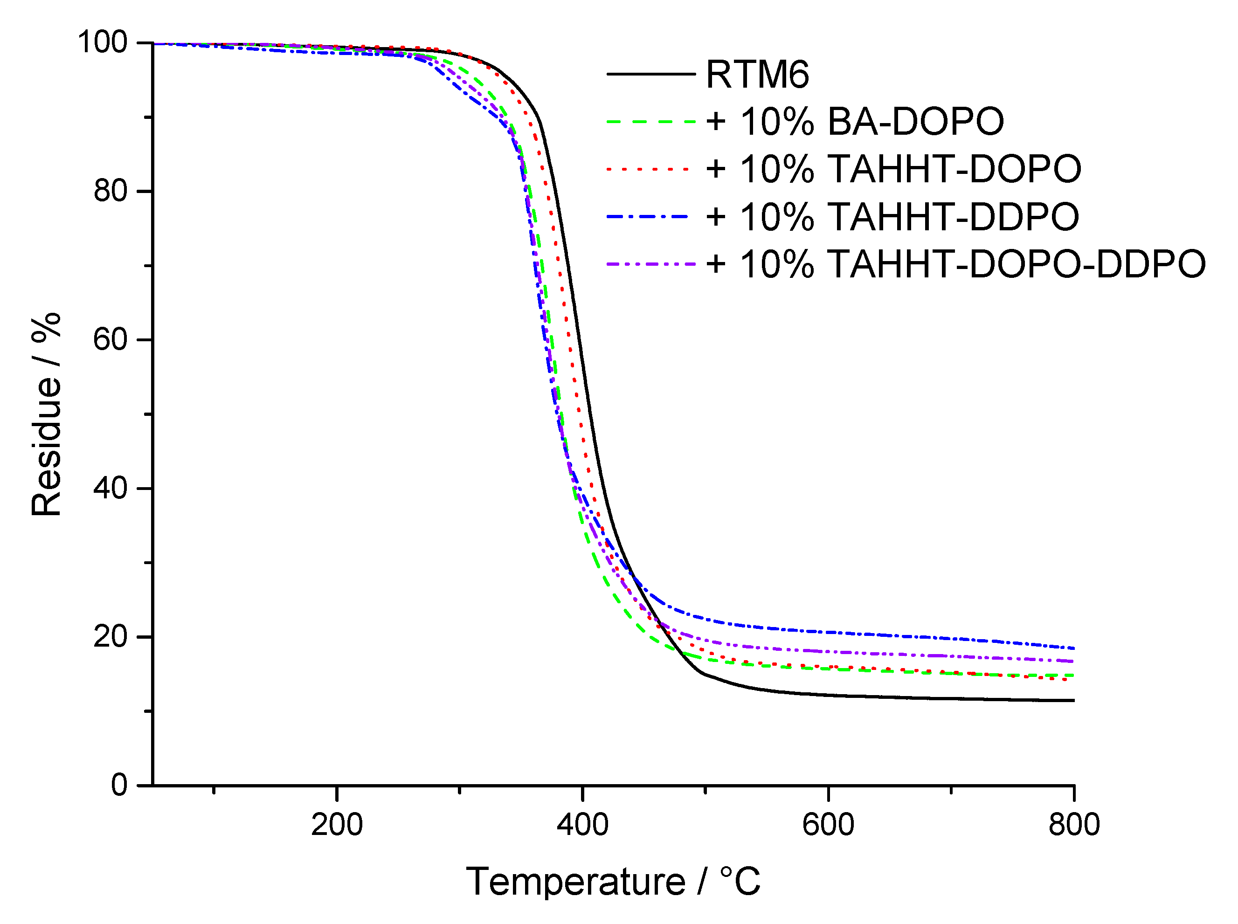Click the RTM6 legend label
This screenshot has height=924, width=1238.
(757, 75)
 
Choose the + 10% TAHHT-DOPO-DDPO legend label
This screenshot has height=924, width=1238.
(955, 264)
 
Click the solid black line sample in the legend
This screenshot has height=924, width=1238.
(650, 74)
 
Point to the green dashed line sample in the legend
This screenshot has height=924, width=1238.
(650, 121)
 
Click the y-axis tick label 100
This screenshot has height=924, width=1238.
(103, 42)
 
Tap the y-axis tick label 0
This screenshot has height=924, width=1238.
(119, 785)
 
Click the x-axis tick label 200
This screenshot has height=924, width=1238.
(337, 825)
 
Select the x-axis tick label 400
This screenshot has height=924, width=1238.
(582, 825)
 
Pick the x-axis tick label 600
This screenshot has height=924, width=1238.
(828, 825)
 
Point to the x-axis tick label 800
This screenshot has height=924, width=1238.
(1073, 825)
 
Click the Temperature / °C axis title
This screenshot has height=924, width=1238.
(613, 882)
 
